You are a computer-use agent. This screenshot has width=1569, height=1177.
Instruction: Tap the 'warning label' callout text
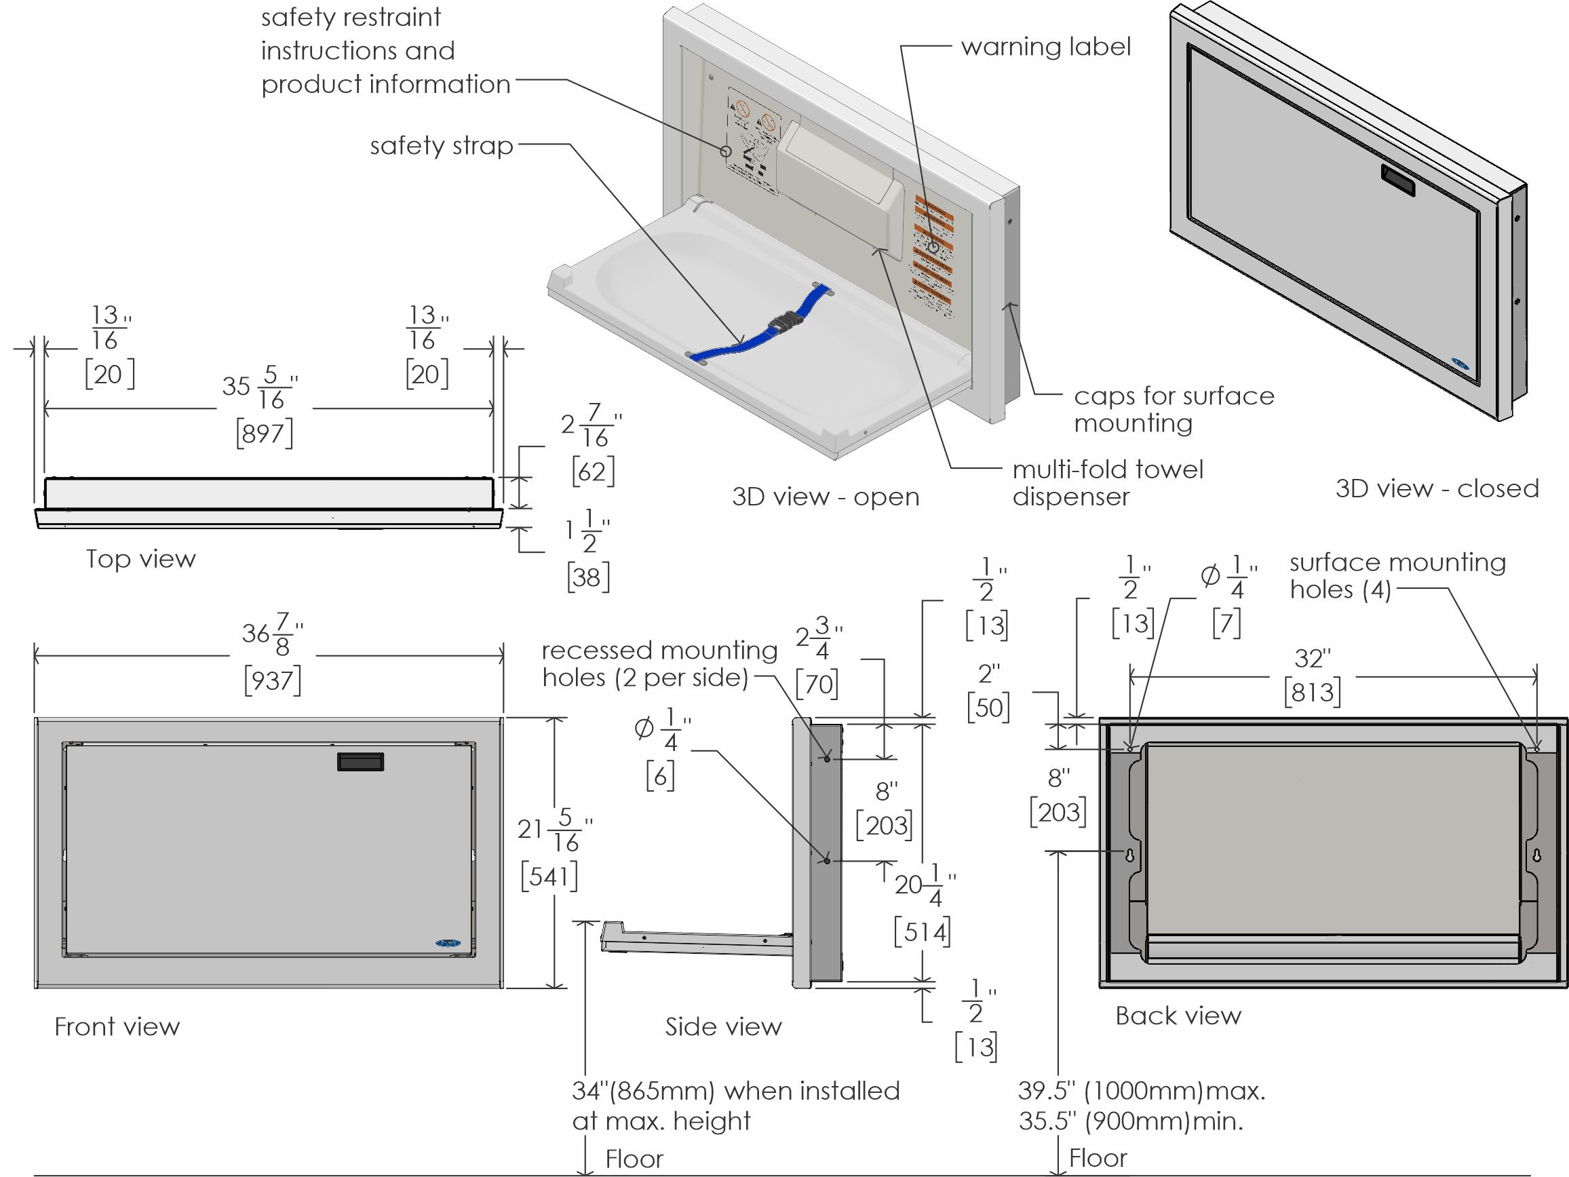tap(1045, 47)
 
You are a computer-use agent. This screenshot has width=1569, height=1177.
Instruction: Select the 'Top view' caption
tap(140, 559)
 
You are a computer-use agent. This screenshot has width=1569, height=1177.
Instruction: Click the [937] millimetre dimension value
tap(273, 680)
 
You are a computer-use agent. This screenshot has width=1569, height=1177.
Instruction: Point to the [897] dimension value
tap(264, 433)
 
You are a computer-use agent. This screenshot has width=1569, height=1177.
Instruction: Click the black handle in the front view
tap(360, 761)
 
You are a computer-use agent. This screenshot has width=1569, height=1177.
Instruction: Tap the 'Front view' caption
tap(117, 1026)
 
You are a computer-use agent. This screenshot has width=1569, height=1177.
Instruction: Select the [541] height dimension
tap(549, 876)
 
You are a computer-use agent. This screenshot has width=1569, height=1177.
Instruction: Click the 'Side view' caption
tap(723, 1026)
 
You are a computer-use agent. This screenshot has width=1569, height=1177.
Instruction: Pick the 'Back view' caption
tap(1178, 1016)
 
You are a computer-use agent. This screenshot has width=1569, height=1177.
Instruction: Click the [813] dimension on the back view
tap(1312, 692)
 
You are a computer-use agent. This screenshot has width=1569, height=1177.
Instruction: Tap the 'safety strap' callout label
tap(441, 145)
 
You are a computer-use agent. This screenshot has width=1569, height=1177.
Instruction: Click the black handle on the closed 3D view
tap(1397, 180)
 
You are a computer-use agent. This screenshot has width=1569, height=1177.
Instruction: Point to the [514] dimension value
tap(922, 931)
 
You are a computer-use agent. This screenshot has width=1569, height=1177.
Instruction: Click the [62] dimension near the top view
tap(593, 471)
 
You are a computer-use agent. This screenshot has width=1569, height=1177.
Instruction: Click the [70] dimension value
tap(817, 684)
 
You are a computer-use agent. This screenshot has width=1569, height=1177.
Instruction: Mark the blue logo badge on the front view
tap(448, 943)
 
